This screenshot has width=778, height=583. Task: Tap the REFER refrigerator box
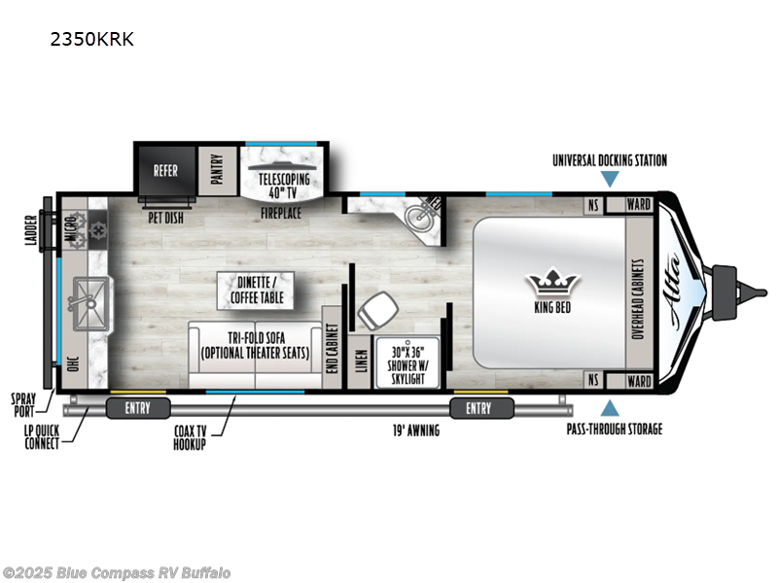tap(165, 170)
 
